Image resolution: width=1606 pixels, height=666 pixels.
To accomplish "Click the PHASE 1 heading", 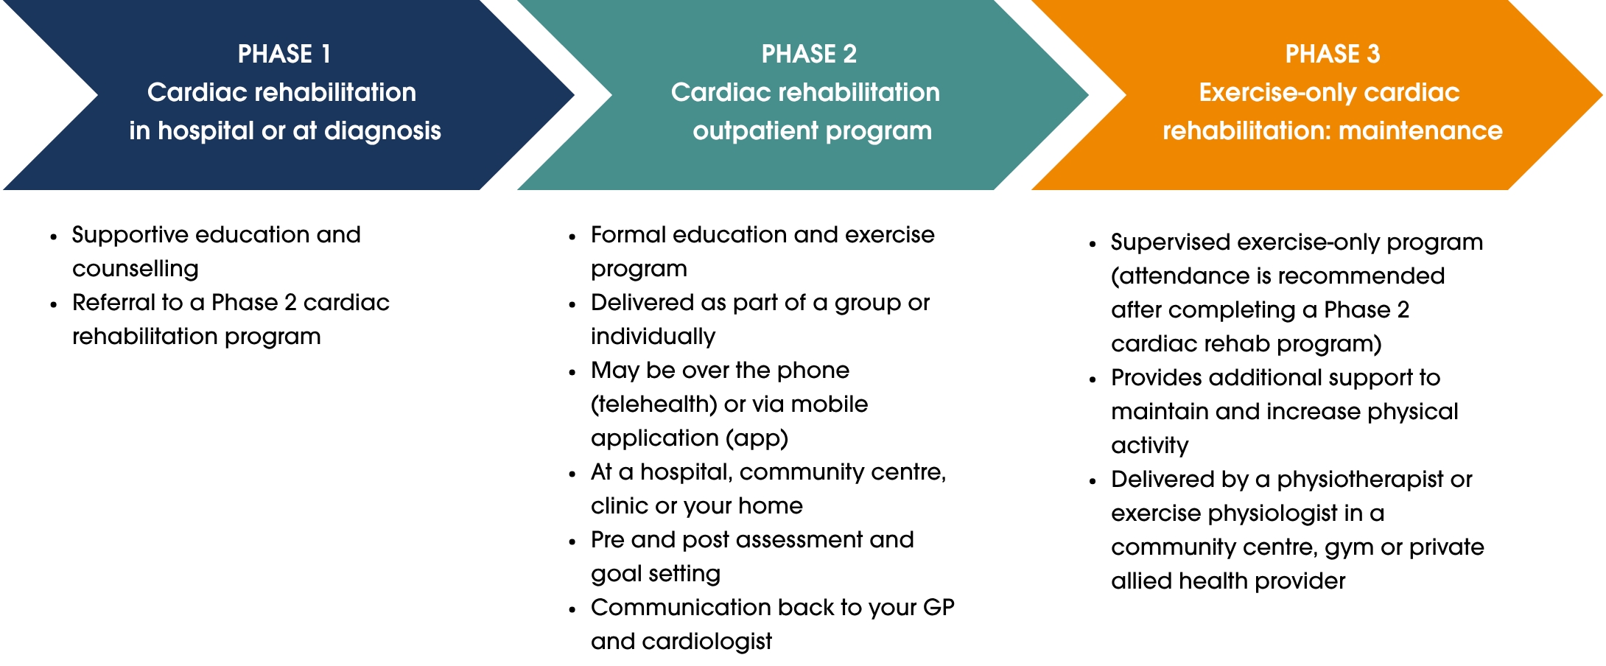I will click(284, 54).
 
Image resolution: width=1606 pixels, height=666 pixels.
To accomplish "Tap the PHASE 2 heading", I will click(808, 54).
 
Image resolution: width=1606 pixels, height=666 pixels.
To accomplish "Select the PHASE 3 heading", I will click(1332, 54).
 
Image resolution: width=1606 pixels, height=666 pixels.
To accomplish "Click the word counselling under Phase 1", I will click(136, 269).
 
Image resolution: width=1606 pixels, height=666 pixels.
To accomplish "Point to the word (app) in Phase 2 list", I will click(757, 438).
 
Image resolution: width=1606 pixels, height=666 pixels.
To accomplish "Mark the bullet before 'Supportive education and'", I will click(54, 237).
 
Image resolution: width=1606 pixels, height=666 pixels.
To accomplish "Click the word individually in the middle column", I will click(653, 337).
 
